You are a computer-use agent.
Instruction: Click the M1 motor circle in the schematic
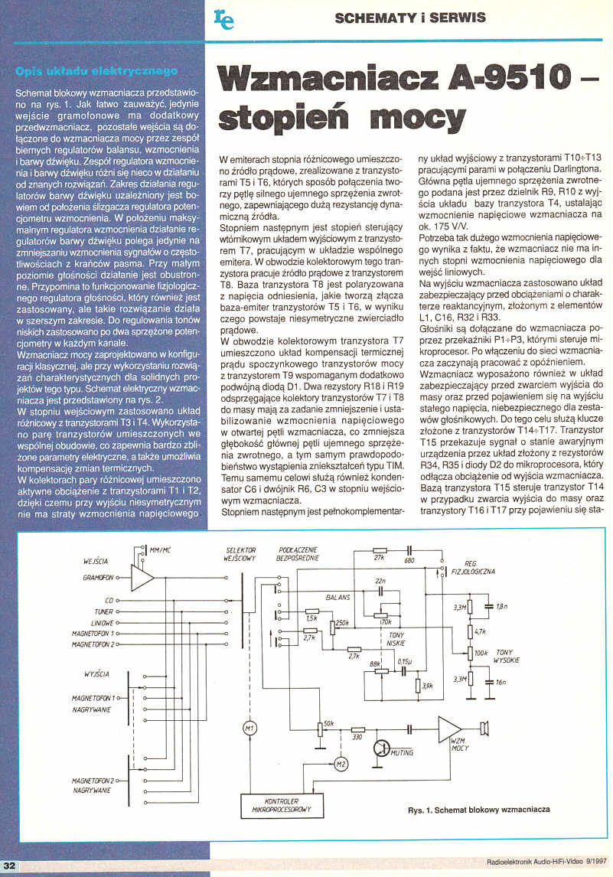[249, 727]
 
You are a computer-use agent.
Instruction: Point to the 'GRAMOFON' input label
[99, 577]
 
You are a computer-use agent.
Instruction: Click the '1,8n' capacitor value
[501, 608]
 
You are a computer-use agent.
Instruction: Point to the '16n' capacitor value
[501, 681]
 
